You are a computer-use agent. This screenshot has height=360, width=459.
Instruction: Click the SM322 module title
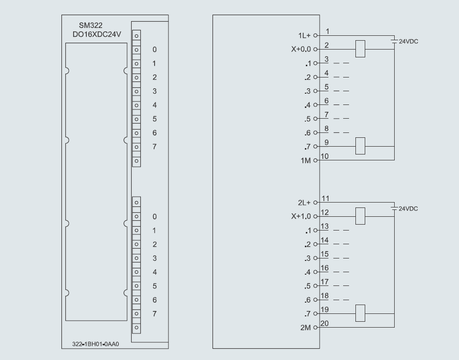(x=91, y=26)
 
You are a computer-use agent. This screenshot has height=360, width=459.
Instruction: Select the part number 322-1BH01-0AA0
(x=93, y=344)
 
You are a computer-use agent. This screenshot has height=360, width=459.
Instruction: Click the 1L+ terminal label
(x=305, y=36)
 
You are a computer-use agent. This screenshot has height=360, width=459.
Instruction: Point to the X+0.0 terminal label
(x=301, y=50)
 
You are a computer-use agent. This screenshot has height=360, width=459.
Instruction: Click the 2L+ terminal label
(x=305, y=203)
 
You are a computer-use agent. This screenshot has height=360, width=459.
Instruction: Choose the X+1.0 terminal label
(x=301, y=216)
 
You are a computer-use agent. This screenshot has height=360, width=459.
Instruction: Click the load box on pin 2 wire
(x=360, y=49)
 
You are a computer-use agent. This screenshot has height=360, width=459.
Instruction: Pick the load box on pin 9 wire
(x=360, y=146)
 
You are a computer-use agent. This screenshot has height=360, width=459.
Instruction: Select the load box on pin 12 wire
(x=360, y=216)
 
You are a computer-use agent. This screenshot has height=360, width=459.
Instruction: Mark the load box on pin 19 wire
(x=360, y=313)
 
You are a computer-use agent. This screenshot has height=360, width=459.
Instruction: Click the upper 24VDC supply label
(x=408, y=42)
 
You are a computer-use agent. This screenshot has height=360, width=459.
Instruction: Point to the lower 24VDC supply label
(x=408, y=209)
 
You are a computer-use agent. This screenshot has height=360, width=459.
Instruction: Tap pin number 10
(x=324, y=156)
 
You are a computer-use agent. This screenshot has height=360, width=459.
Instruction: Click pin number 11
(x=324, y=199)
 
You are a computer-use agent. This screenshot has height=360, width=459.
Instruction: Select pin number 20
(x=324, y=323)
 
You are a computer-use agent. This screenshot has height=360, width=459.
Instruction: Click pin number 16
(x=324, y=268)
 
